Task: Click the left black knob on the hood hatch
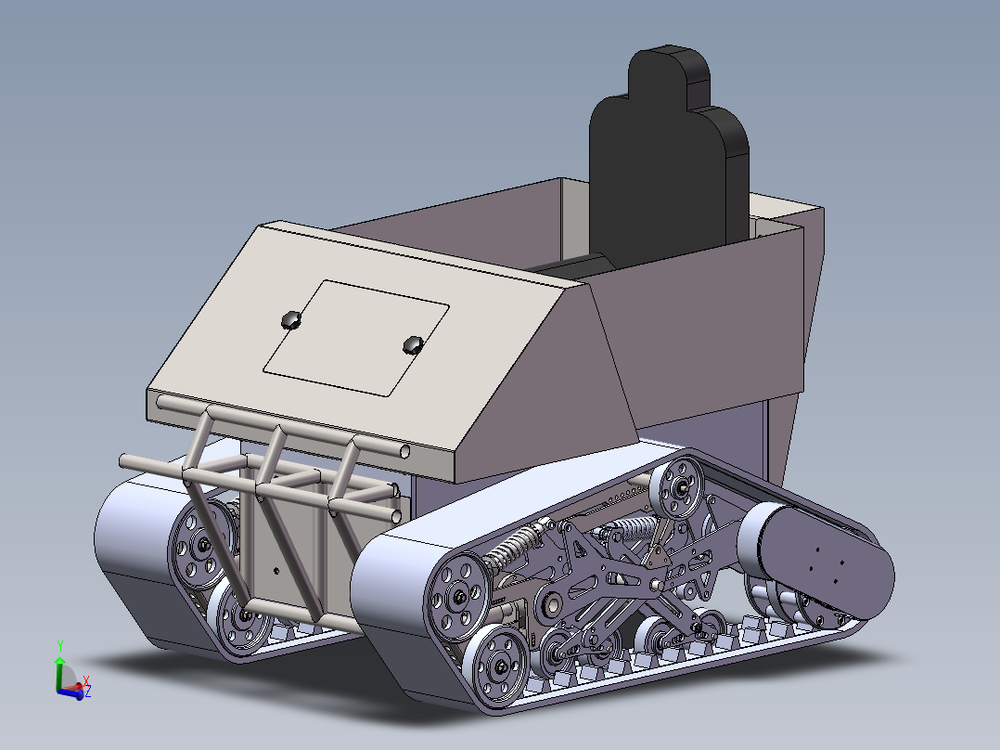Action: tap(291, 319)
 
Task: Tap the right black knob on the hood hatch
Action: tap(413, 345)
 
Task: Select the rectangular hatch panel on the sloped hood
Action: tap(356, 336)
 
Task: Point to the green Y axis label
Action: tap(59, 643)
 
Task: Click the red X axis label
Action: tap(85, 679)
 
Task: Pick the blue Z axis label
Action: tap(88, 692)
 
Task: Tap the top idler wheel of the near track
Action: tap(682, 489)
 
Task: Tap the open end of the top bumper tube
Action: tap(406, 451)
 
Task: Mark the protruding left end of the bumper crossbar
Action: tap(126, 460)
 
